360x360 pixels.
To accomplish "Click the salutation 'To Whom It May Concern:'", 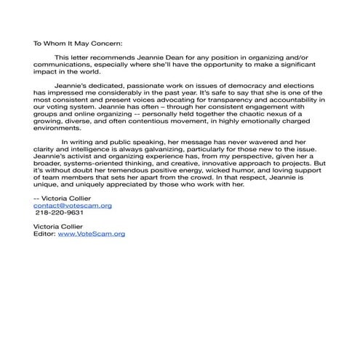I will click(79, 42).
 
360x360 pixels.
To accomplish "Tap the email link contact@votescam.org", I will click(73, 206).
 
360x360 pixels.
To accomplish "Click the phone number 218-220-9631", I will click(60, 213).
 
